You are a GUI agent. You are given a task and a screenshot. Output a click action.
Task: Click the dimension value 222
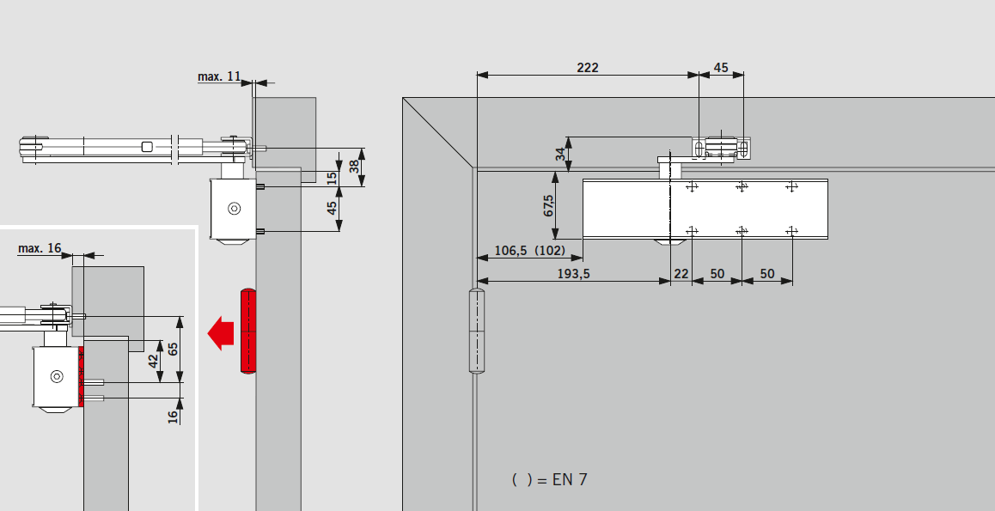pyautogui.click(x=588, y=67)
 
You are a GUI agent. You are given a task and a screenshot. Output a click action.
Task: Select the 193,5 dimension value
pyautogui.click(x=574, y=274)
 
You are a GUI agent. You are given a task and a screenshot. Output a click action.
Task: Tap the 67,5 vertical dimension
pyautogui.click(x=549, y=204)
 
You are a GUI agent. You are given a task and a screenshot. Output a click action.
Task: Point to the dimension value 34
pyautogui.click(x=560, y=154)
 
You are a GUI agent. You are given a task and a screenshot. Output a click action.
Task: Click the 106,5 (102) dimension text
pyautogui.click(x=529, y=251)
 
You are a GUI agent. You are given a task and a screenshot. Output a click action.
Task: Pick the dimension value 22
pyautogui.click(x=681, y=274)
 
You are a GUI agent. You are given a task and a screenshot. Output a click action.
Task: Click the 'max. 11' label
pyautogui.click(x=219, y=76)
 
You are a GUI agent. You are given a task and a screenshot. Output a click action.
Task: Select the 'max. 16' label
pyautogui.click(x=40, y=248)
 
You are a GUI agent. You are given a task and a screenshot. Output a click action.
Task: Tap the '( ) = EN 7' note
pyautogui.click(x=550, y=479)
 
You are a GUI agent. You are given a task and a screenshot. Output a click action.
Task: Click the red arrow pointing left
pyautogui.click(x=220, y=333)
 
